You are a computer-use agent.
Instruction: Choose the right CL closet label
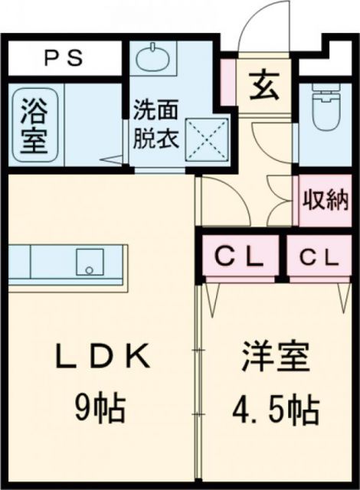coord(318,257)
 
